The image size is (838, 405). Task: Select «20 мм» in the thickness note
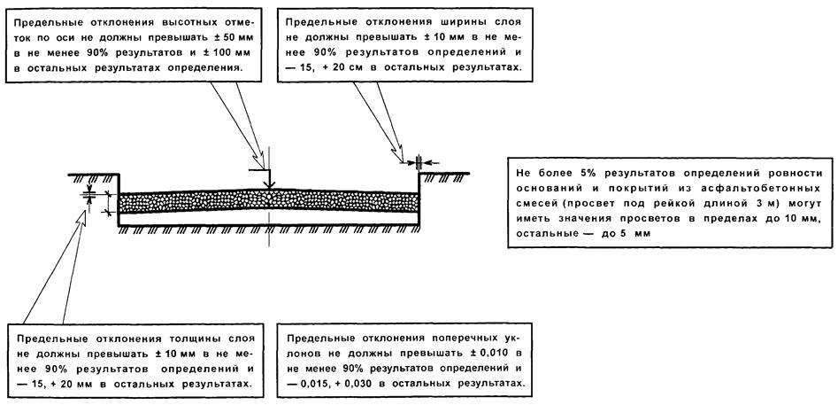(x=155, y=384)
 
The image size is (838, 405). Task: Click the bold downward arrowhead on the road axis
(x=269, y=184)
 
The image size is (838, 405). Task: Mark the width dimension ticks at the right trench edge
(x=419, y=161)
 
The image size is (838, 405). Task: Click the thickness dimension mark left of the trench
(x=89, y=195)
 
